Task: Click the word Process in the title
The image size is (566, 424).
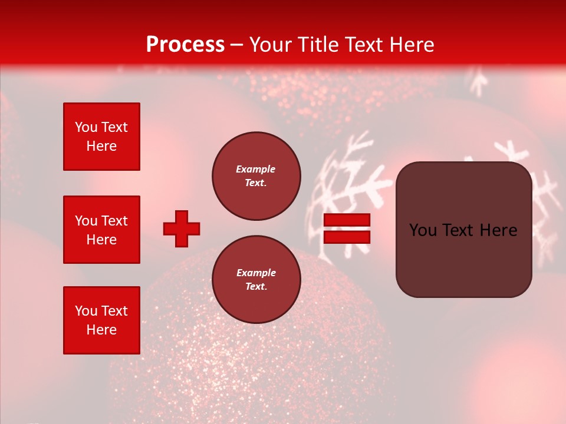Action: click(x=185, y=45)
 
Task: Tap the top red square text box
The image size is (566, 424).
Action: click(x=101, y=137)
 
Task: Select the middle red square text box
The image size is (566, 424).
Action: click(x=101, y=230)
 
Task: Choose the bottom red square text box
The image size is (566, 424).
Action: click(x=101, y=320)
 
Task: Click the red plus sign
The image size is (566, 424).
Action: click(x=182, y=228)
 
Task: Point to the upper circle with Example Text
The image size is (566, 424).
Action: click(x=256, y=176)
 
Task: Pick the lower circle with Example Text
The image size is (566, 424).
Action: click(x=256, y=280)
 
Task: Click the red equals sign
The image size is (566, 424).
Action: click(x=347, y=228)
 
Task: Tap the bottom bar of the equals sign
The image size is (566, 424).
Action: click(x=347, y=237)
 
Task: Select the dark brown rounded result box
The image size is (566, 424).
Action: click(x=463, y=230)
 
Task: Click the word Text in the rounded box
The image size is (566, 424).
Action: click(x=456, y=230)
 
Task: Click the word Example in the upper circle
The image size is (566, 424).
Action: click(x=256, y=169)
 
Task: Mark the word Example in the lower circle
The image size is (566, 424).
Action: click(x=256, y=273)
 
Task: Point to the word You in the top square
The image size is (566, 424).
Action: click(x=86, y=127)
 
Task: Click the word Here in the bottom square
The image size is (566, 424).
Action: click(x=101, y=330)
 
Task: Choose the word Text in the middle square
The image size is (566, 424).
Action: click(x=115, y=221)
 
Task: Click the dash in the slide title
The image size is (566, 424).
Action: click(x=237, y=45)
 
